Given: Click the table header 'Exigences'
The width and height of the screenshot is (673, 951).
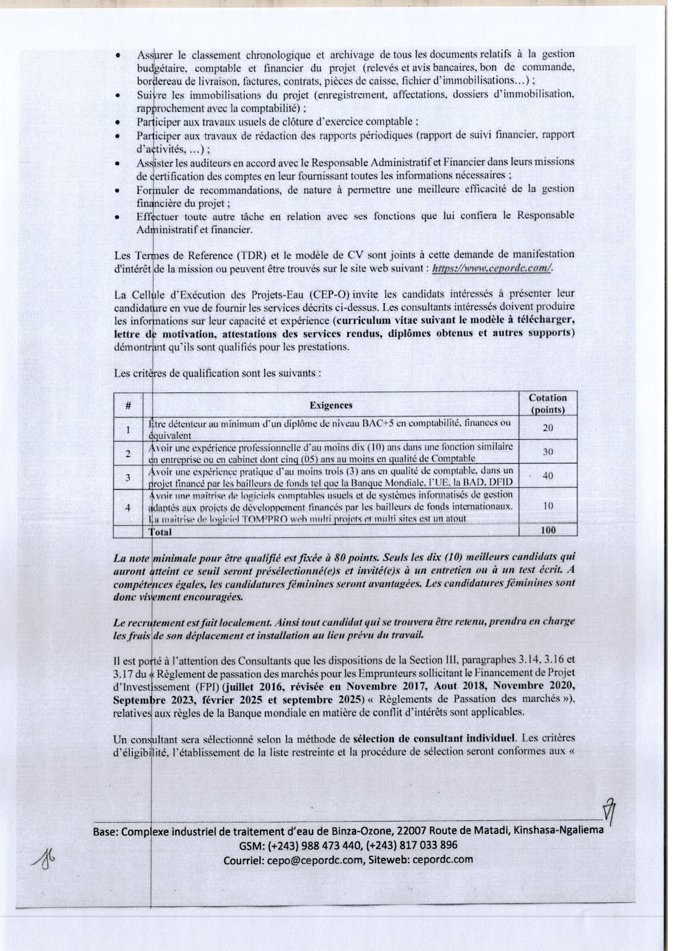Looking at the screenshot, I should [331, 405].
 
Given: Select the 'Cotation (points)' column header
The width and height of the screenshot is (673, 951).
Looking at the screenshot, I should [548, 404].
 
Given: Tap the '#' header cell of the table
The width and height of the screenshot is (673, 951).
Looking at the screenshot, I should [128, 405].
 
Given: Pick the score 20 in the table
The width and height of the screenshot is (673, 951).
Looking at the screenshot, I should [548, 428].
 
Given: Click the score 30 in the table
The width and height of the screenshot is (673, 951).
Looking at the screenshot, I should [548, 452].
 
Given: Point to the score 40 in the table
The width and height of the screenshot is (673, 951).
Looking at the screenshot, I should [548, 475].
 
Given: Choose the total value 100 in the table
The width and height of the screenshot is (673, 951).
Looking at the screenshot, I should [548, 530].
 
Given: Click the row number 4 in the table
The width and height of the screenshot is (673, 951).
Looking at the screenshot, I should [128, 507].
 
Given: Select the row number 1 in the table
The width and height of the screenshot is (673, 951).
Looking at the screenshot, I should [128, 429].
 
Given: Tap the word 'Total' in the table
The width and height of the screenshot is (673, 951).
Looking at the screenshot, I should [161, 532].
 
